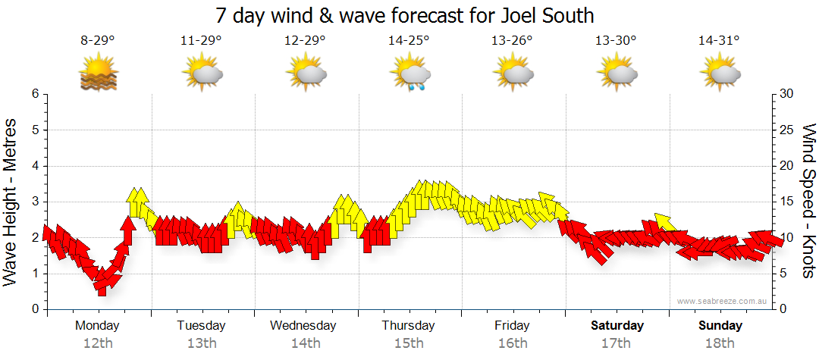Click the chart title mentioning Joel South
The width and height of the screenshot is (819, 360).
[x=404, y=14]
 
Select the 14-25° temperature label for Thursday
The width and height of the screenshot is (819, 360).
[x=409, y=41]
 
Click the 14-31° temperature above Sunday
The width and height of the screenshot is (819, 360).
[x=719, y=41]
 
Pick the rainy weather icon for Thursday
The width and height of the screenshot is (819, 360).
[x=410, y=74]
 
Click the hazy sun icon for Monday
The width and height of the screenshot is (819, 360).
[x=99, y=74]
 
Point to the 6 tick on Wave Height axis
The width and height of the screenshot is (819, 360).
[x=34, y=94]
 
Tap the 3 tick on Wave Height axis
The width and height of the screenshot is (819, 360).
[x=34, y=202]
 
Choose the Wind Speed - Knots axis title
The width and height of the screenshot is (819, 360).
[x=808, y=201]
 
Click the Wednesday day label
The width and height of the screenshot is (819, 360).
[x=303, y=326]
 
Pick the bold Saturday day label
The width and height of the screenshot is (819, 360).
[x=617, y=326]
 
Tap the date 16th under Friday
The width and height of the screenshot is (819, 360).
[x=513, y=343]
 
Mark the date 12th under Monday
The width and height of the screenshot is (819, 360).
[x=99, y=343]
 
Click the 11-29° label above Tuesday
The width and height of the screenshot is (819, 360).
[x=201, y=41]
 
